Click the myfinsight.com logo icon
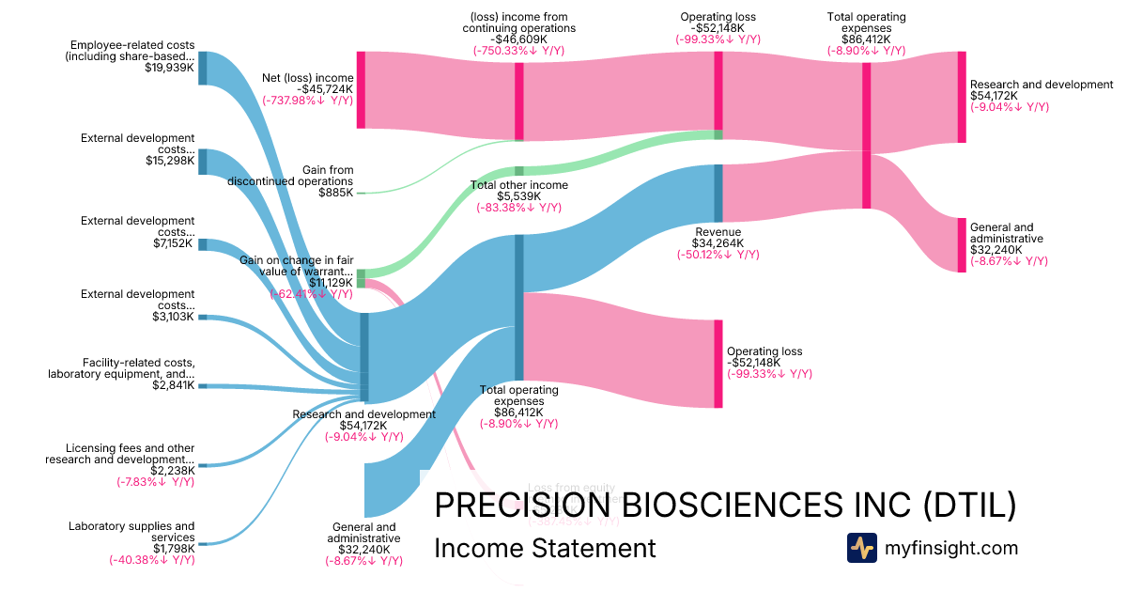pyautogui.click(x=862, y=548)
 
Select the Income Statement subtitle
pyautogui.click(x=545, y=548)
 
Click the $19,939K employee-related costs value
pyautogui.click(x=170, y=68)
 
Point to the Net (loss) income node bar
pyautogui.click(x=361, y=89)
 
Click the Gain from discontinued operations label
pyautogui.click(x=290, y=176)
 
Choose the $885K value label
pyautogui.click(x=335, y=193)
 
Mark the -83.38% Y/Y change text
pyautogui.click(x=518, y=208)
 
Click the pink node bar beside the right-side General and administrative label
pyautogui.click(x=961, y=245)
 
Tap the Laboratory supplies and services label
pyautogui.click(x=132, y=532)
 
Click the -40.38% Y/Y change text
pyautogui.click(x=151, y=560)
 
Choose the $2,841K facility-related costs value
pyautogui.click(x=173, y=385)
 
